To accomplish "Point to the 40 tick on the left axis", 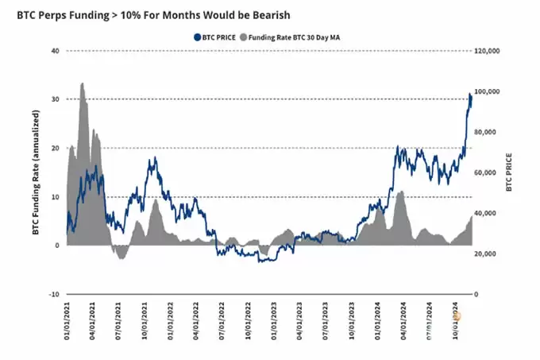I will [56, 51].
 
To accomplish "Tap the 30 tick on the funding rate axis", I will [56, 99].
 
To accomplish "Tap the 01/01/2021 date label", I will [69, 323].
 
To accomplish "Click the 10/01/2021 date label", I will [145, 323].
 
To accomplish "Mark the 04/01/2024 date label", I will [404, 323].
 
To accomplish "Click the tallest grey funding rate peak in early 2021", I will [83, 83].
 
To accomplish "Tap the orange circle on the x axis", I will [457, 316].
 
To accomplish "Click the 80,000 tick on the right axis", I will [487, 132].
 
